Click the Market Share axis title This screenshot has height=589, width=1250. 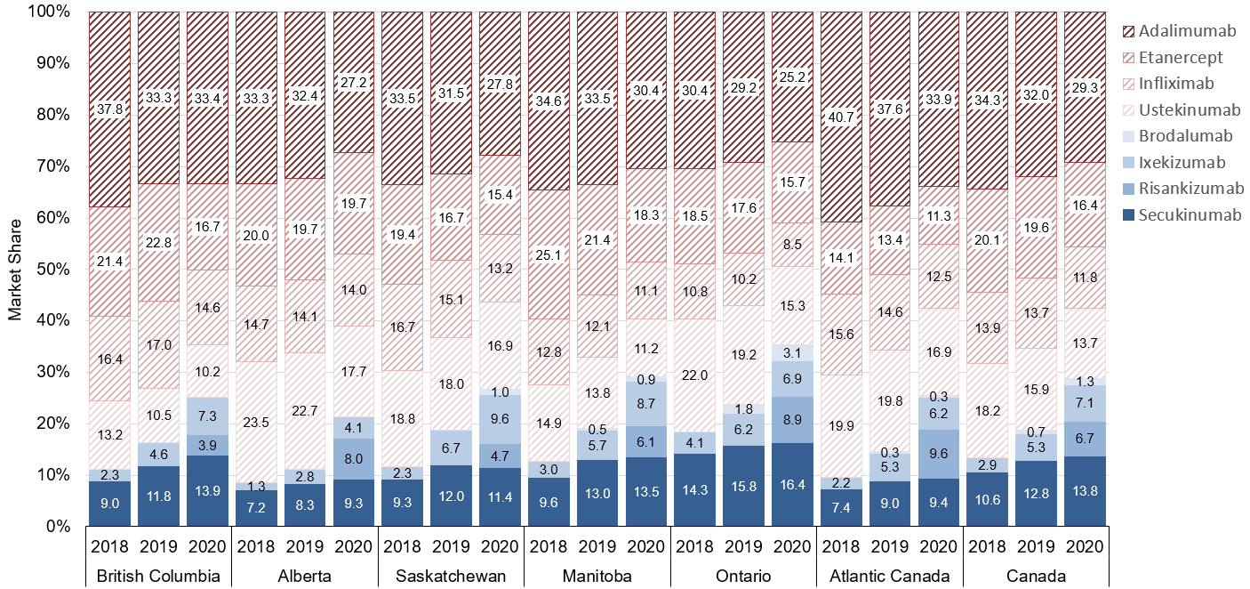coord(15,269)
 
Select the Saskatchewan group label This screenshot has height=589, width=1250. coord(452,576)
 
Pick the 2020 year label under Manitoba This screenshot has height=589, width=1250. coord(648,544)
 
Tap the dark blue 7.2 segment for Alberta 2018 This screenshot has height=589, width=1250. coord(256,510)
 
